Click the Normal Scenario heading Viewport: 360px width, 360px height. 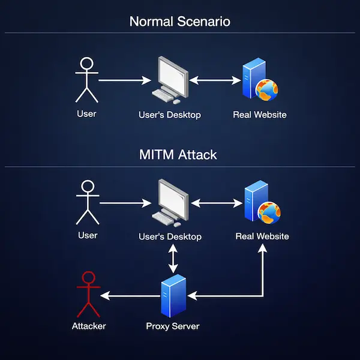click(180, 22)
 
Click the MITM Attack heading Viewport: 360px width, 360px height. click(178, 154)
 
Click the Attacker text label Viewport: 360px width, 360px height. click(89, 326)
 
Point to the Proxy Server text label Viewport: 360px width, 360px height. click(173, 326)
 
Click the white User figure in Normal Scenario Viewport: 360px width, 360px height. click(88, 80)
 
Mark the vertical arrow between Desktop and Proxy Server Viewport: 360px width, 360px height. click(173, 259)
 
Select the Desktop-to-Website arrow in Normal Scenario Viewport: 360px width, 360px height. click(214, 79)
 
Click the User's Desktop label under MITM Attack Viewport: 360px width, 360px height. click(170, 236)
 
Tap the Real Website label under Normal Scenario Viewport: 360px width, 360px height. click(260, 114)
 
